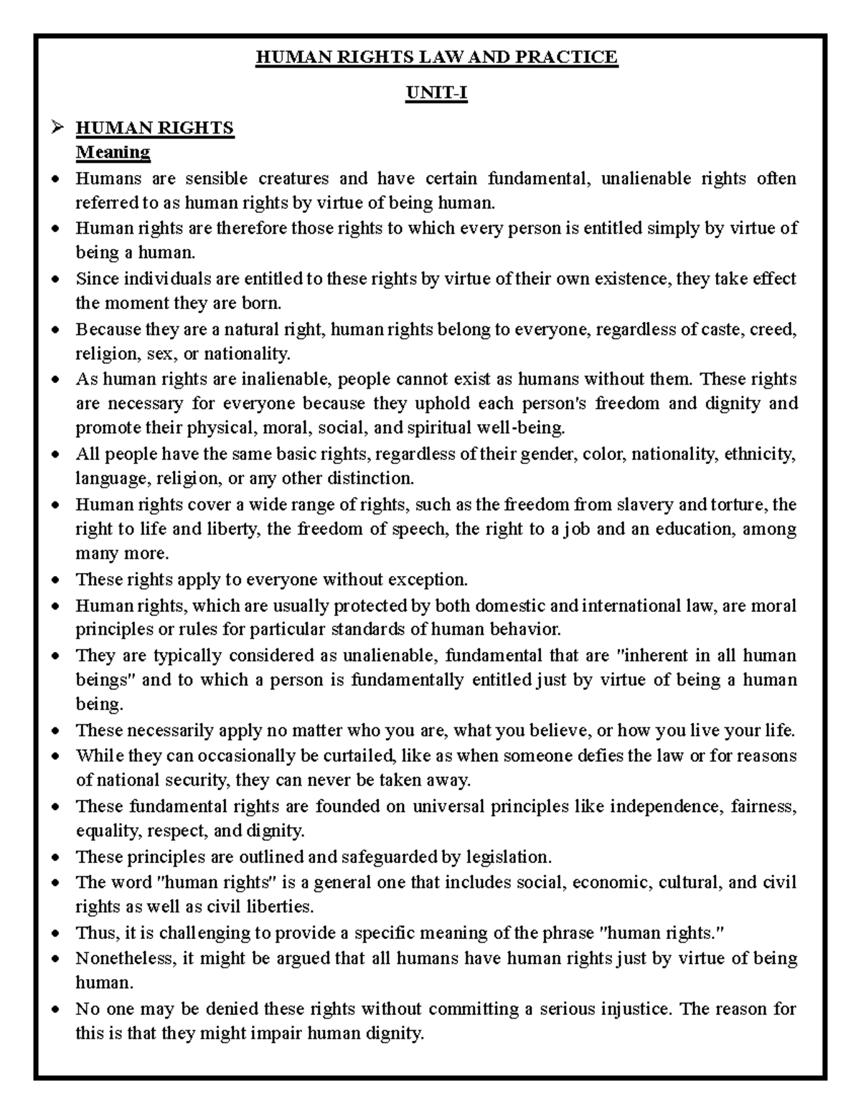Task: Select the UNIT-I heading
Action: pyautogui.click(x=436, y=93)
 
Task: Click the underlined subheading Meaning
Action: pyautogui.click(x=113, y=152)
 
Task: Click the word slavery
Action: pyautogui.click(x=644, y=504)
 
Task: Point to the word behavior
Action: pyautogui.click(x=525, y=630)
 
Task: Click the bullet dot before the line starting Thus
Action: pyautogui.click(x=57, y=933)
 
